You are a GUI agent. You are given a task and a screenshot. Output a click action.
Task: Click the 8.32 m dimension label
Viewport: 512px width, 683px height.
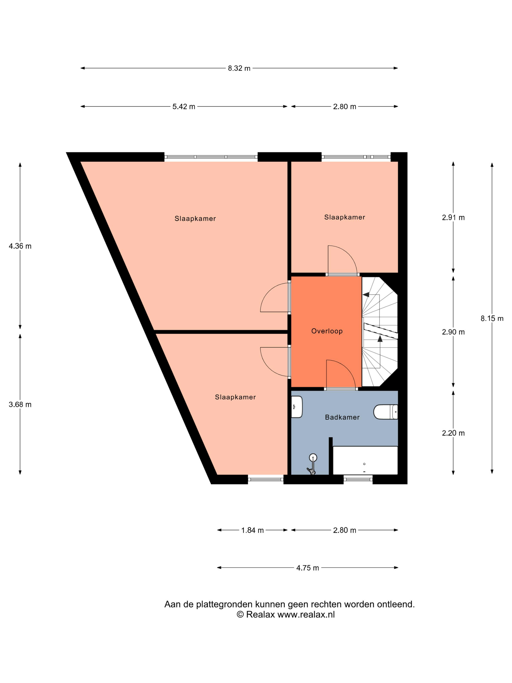pyautogui.click(x=239, y=68)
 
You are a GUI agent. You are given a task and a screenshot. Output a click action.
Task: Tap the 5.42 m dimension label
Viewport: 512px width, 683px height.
pyautogui.click(x=184, y=107)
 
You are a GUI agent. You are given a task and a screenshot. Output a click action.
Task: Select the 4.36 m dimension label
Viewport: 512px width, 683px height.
pyautogui.click(x=20, y=246)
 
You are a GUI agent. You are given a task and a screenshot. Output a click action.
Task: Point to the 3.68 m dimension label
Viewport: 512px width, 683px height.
pyautogui.click(x=20, y=404)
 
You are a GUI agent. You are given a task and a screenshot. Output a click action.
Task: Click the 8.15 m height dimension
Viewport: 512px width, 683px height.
pyautogui.click(x=492, y=318)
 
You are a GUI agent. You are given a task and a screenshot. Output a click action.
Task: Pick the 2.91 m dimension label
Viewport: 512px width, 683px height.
pyautogui.click(x=453, y=217)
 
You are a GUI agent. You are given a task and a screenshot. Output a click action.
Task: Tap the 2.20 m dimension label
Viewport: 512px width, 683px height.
pyautogui.click(x=453, y=433)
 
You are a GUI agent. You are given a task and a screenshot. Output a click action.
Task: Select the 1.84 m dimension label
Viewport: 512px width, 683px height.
pyautogui.click(x=252, y=530)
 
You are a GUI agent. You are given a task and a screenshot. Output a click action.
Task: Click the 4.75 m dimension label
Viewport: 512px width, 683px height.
pyautogui.click(x=307, y=568)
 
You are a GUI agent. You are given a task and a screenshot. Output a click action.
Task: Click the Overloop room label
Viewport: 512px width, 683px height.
pyautogui.click(x=327, y=331)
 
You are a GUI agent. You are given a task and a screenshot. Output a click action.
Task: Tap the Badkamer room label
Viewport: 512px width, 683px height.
pyautogui.click(x=342, y=417)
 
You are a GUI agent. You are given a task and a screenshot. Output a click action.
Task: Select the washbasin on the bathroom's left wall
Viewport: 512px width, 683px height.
pyautogui.click(x=296, y=407)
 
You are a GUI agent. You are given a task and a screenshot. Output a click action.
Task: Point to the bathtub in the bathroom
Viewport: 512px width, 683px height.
pyautogui.click(x=365, y=460)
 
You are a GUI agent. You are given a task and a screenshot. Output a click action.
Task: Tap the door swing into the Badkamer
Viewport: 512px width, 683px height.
pyautogui.click(x=341, y=374)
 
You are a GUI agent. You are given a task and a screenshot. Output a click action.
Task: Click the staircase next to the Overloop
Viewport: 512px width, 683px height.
pyautogui.click(x=380, y=331)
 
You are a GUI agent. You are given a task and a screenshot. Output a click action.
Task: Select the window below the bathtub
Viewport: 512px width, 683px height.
pyautogui.click(x=358, y=480)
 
